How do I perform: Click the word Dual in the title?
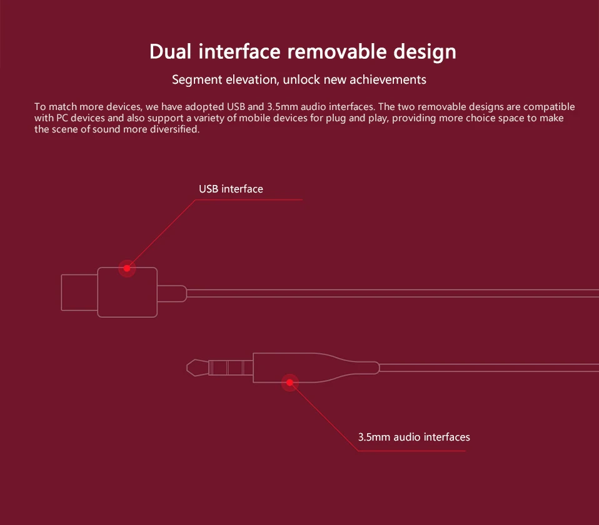pos(170,51)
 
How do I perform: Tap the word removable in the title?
pos(337,51)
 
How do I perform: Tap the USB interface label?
pos(231,189)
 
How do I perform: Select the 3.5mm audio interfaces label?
pos(414,437)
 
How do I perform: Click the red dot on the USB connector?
pos(127,268)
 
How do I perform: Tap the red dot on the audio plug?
pos(290,382)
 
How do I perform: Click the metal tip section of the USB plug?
pos(79,292)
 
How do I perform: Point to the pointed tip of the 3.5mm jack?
pos(187,368)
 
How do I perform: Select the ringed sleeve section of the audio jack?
pos(231,368)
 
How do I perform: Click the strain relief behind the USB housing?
pos(172,294)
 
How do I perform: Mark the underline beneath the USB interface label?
pos(249,200)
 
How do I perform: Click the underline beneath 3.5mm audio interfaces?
pos(412,451)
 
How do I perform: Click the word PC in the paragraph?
pos(63,118)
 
